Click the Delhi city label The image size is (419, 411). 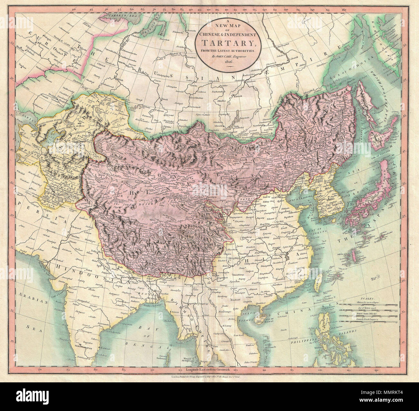94,251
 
